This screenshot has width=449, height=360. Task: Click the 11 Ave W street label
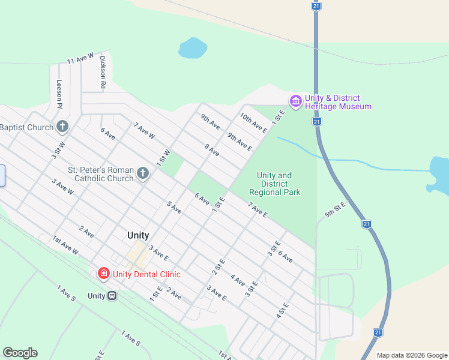point(81,58)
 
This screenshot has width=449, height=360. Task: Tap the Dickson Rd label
point(103,73)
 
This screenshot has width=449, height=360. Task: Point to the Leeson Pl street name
point(59,94)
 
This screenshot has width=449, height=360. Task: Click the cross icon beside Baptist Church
point(62,127)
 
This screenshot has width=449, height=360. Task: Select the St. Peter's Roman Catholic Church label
point(101,174)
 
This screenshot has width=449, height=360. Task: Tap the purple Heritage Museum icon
point(295,102)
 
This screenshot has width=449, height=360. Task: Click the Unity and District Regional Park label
point(275,184)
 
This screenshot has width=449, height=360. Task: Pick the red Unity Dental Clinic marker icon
point(104,274)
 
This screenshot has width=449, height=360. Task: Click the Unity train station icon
point(112,295)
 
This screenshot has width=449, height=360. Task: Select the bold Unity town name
point(138,236)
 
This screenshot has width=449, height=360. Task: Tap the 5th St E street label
point(336,209)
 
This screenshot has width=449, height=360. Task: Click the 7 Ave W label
point(145,131)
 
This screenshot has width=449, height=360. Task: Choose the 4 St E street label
point(283,310)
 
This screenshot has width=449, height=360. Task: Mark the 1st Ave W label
point(65,244)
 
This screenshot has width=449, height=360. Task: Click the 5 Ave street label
point(174,208)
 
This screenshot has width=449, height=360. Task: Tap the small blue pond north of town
point(193,48)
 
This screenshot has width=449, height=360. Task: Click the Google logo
point(20,353)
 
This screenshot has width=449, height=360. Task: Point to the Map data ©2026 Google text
point(412,355)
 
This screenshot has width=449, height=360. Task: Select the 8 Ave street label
point(212,150)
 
